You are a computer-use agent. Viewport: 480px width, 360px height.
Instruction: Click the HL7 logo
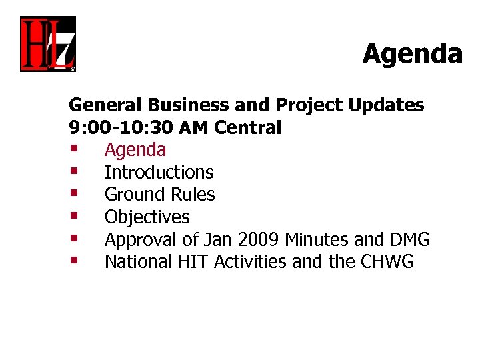pyautogui.click(x=47, y=44)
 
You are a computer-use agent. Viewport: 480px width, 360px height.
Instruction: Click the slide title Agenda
pyautogui.click(x=412, y=53)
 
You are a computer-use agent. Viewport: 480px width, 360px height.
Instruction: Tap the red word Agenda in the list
pyautogui.click(x=135, y=150)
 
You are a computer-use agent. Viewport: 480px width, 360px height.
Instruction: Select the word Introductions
pyautogui.click(x=159, y=172)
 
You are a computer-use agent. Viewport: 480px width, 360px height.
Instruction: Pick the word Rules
pyautogui.click(x=193, y=195)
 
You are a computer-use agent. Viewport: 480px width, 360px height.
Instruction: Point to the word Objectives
pyautogui.click(x=147, y=217)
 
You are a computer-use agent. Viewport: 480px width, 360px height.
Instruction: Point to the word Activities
pyautogui.click(x=251, y=262)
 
